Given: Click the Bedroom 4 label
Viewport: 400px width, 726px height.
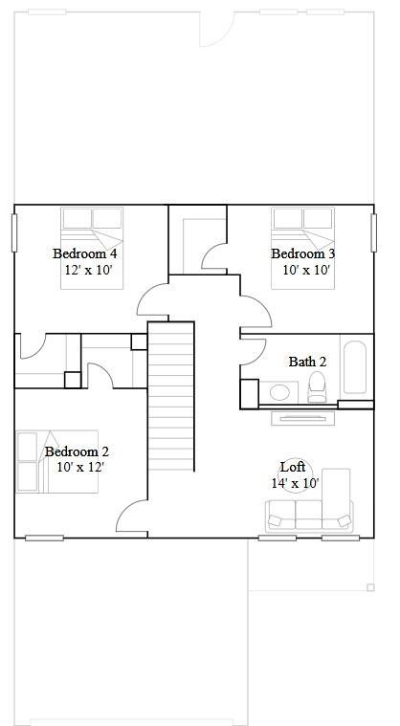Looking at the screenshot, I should (84, 253).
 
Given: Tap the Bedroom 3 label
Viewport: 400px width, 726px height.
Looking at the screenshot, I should (302, 253).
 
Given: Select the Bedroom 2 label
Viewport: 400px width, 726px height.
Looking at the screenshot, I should (77, 451).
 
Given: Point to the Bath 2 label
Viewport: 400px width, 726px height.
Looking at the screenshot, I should (307, 362).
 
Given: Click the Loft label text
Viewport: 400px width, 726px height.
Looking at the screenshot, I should (293, 467).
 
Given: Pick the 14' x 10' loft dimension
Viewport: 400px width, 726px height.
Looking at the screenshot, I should (294, 483).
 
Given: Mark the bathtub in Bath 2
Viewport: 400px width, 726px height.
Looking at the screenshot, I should (355, 367).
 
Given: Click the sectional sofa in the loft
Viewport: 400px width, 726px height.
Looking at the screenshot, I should (312, 512).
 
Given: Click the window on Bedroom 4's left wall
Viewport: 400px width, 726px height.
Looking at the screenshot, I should (14, 232).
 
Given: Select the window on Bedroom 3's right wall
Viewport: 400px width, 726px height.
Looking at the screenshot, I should (374, 232).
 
